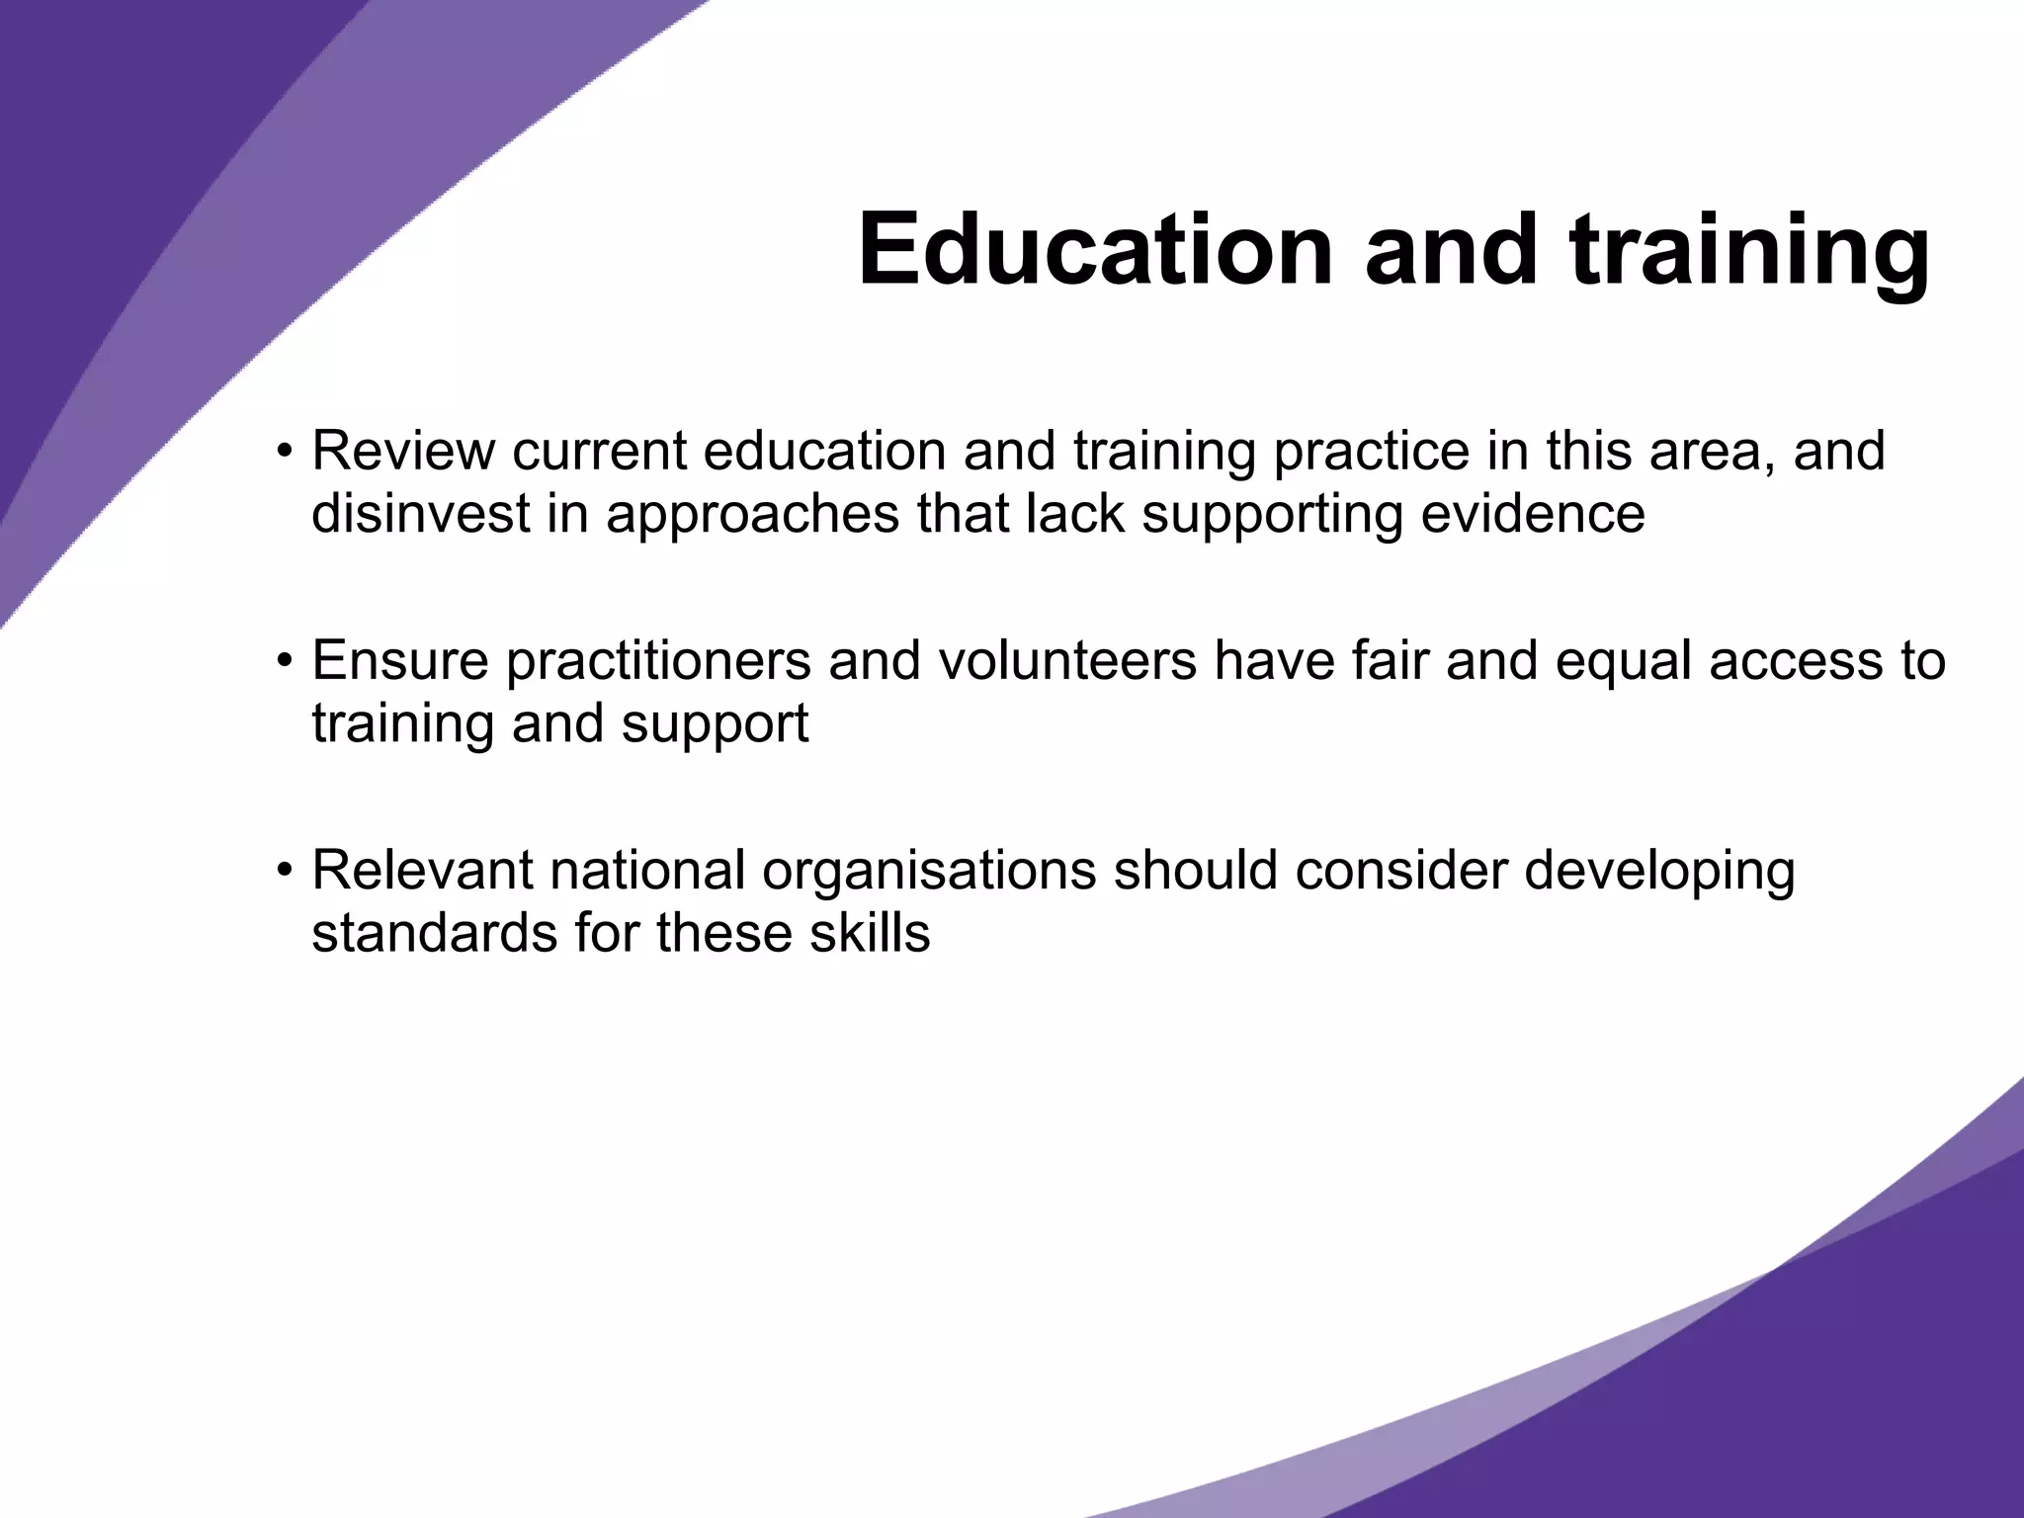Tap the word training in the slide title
pos(1749,253)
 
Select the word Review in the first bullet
pos(403,451)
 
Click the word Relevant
pos(422,870)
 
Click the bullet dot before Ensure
pos(285,662)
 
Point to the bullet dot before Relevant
pos(285,872)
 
